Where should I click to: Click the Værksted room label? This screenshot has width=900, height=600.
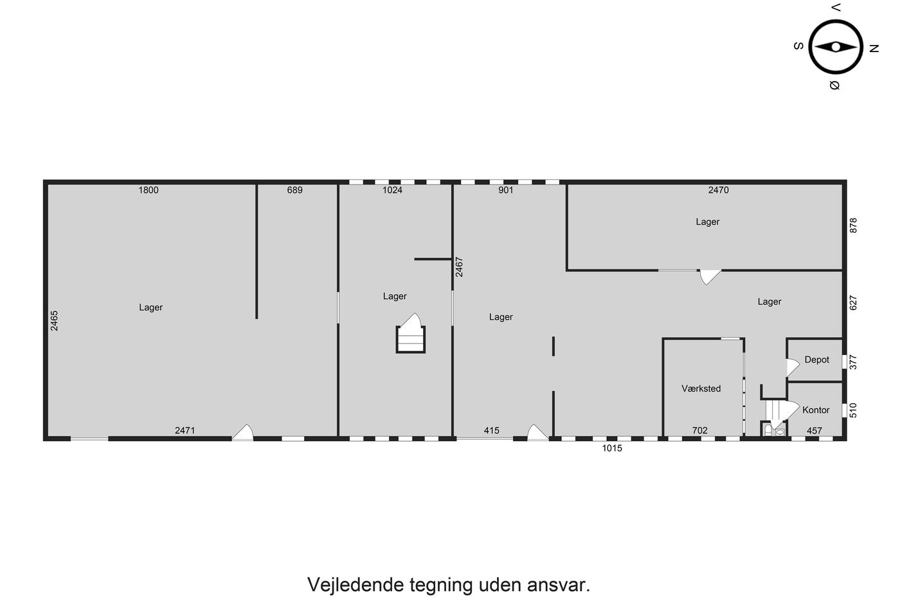[701, 388]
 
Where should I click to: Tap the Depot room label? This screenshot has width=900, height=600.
[817, 359]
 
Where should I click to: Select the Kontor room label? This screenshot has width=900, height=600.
[816, 410]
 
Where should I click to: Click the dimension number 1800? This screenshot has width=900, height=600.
[148, 190]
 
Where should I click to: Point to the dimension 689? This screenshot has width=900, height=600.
[294, 190]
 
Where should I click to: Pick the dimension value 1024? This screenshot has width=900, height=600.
[392, 190]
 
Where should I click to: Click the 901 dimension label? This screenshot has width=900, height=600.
[506, 190]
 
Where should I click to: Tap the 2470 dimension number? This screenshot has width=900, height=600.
[719, 190]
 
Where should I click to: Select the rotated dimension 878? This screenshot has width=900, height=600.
[854, 226]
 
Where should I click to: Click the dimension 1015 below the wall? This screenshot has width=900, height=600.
[612, 448]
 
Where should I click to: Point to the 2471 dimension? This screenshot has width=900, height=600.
[185, 430]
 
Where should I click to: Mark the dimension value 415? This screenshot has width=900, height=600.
[491, 430]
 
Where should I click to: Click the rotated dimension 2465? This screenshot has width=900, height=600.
[54, 321]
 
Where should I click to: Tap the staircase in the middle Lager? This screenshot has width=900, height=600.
[411, 334]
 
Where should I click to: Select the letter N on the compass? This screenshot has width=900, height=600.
[874, 49]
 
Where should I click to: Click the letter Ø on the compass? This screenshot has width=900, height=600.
[835, 85]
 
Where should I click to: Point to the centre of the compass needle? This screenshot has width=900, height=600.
[836, 47]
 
